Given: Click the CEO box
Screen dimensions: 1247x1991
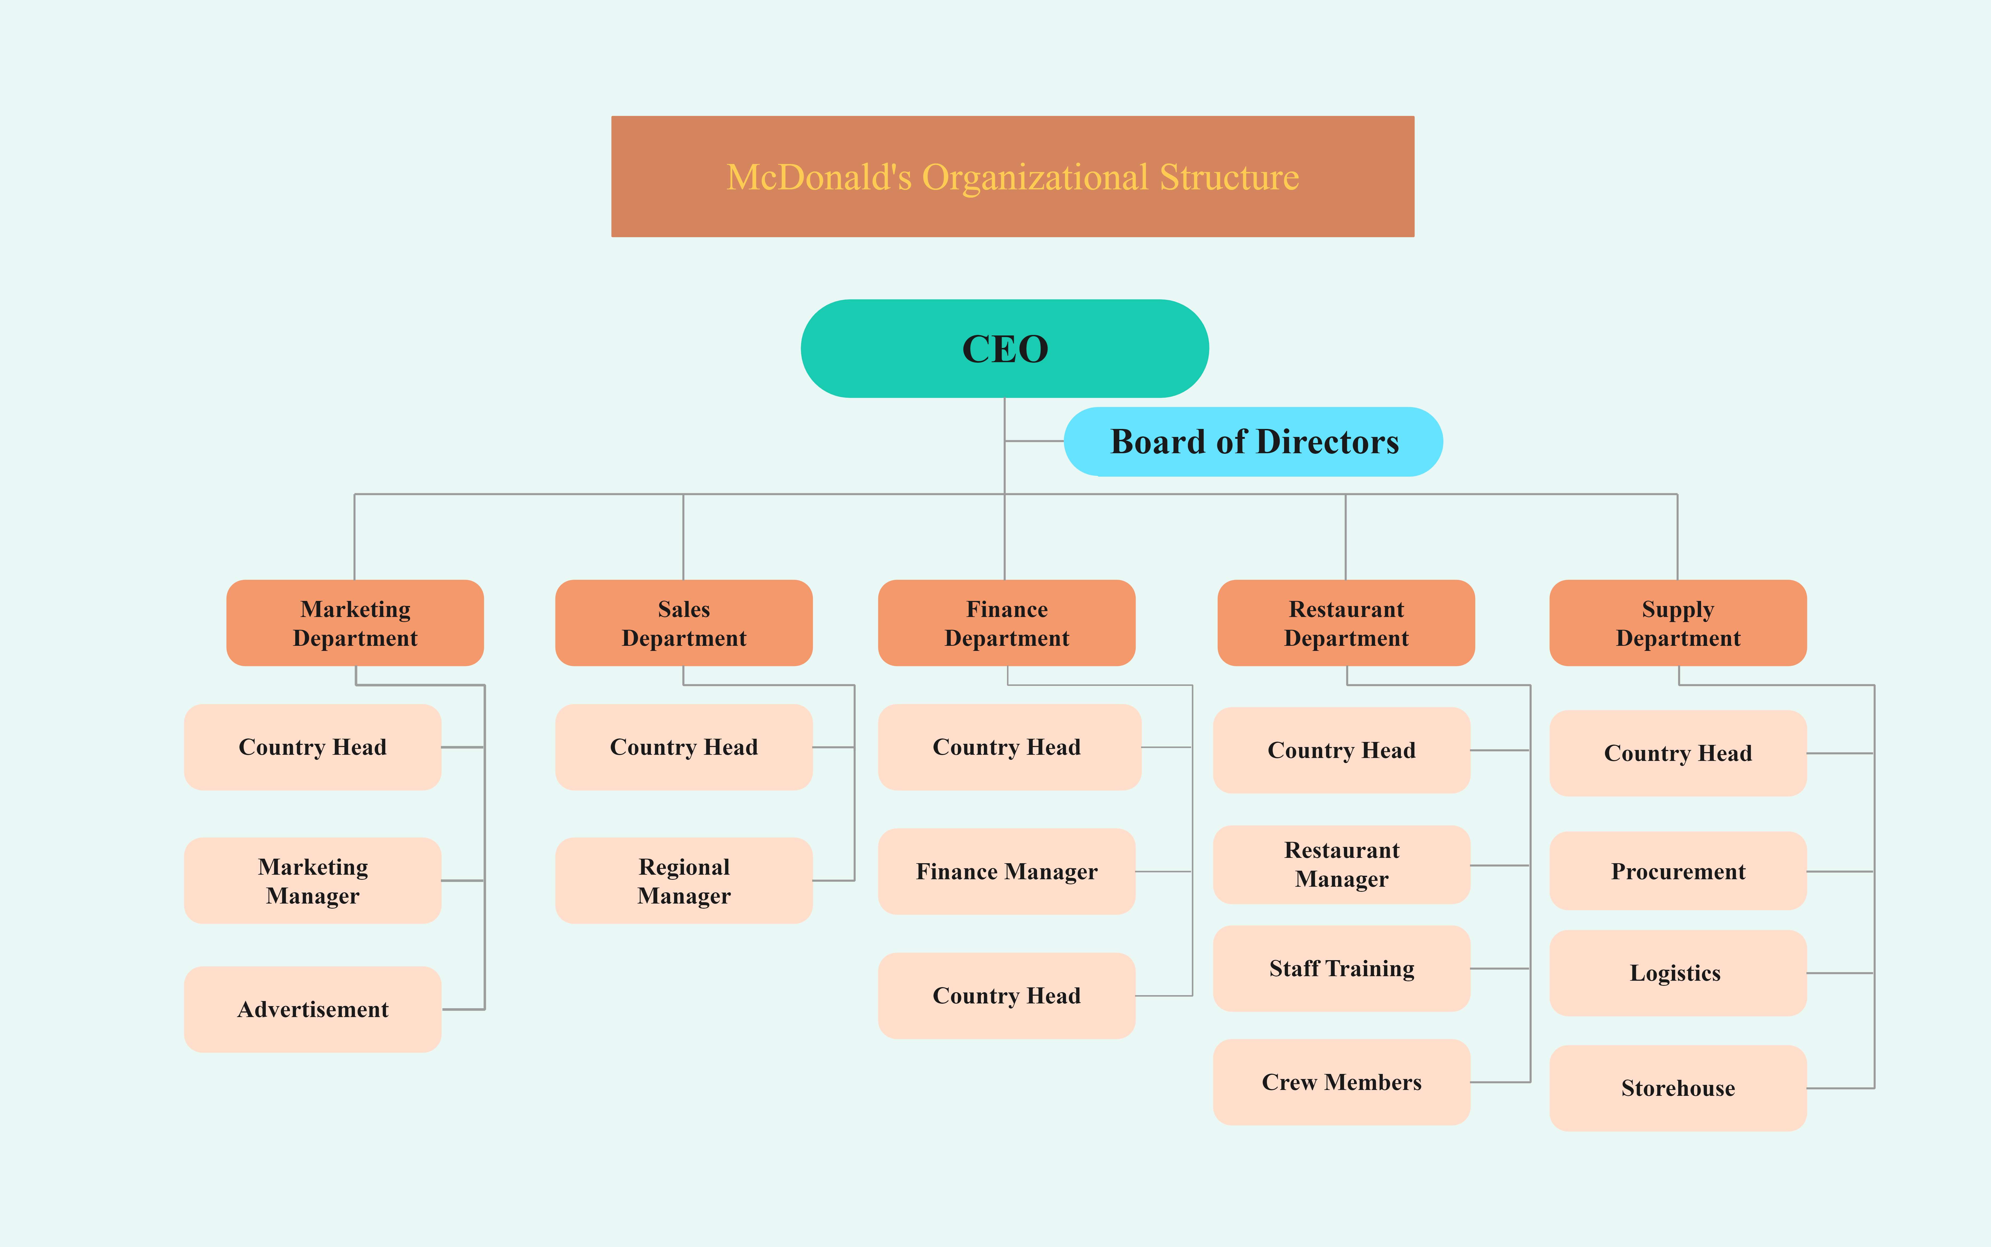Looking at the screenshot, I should (1004, 349).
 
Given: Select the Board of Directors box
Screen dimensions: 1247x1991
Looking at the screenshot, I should (1253, 442).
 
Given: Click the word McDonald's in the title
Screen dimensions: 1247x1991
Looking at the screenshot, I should (819, 177).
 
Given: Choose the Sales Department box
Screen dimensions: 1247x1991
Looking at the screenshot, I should (683, 623).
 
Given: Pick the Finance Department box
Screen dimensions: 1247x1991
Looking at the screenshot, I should (1007, 623).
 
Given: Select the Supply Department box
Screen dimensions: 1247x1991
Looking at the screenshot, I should (1678, 623).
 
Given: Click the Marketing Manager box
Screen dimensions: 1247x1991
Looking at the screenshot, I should (312, 881).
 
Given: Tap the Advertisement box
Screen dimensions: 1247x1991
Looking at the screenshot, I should (312, 1010).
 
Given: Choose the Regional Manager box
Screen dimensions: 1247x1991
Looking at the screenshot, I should (683, 881).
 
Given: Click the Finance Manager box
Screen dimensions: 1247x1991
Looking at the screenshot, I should (1007, 872).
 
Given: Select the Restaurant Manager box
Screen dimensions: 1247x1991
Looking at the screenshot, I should (1341, 864).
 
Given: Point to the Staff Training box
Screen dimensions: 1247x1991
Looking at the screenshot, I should (1341, 968).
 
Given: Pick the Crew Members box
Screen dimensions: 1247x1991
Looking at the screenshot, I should (1341, 1082).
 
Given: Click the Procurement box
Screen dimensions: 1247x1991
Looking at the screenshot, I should (1678, 872).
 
